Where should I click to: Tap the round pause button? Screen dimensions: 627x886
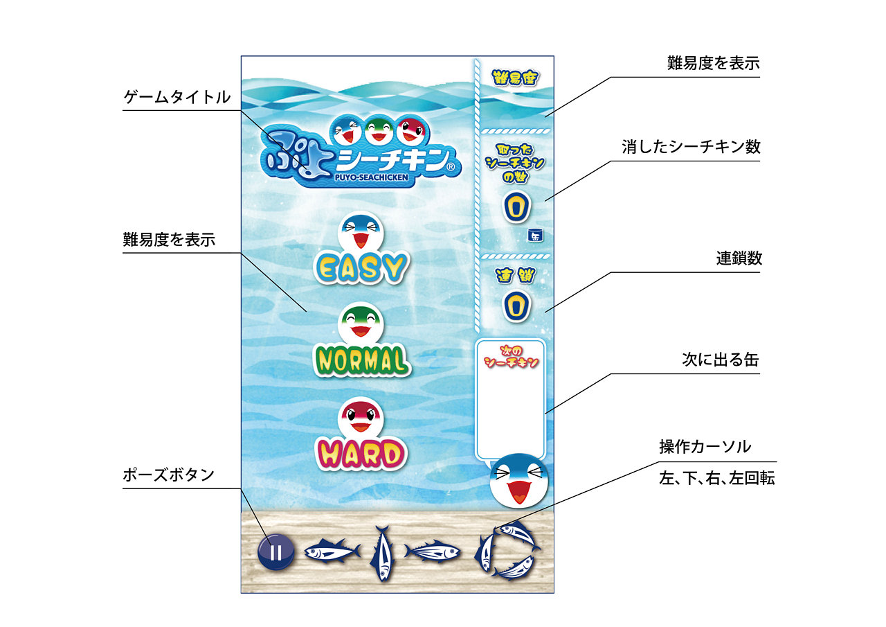coord(275,552)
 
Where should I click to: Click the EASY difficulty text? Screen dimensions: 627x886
coord(361,267)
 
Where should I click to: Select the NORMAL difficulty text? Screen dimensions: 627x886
coord(361,360)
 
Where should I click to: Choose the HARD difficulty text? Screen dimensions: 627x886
coord(361,454)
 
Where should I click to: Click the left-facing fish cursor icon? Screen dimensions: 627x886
coord(332,551)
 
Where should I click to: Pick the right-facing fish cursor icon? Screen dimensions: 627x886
coord(432,551)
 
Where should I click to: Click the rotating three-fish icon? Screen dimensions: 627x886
coord(507,551)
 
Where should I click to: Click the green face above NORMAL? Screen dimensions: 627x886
coord(361,324)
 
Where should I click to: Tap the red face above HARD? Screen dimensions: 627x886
coord(361,417)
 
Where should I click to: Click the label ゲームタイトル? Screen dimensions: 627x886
coord(177,98)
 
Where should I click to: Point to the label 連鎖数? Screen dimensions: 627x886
coord(739,258)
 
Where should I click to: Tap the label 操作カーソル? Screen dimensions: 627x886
coord(705,447)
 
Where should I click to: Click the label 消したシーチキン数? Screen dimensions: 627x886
coord(691,147)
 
